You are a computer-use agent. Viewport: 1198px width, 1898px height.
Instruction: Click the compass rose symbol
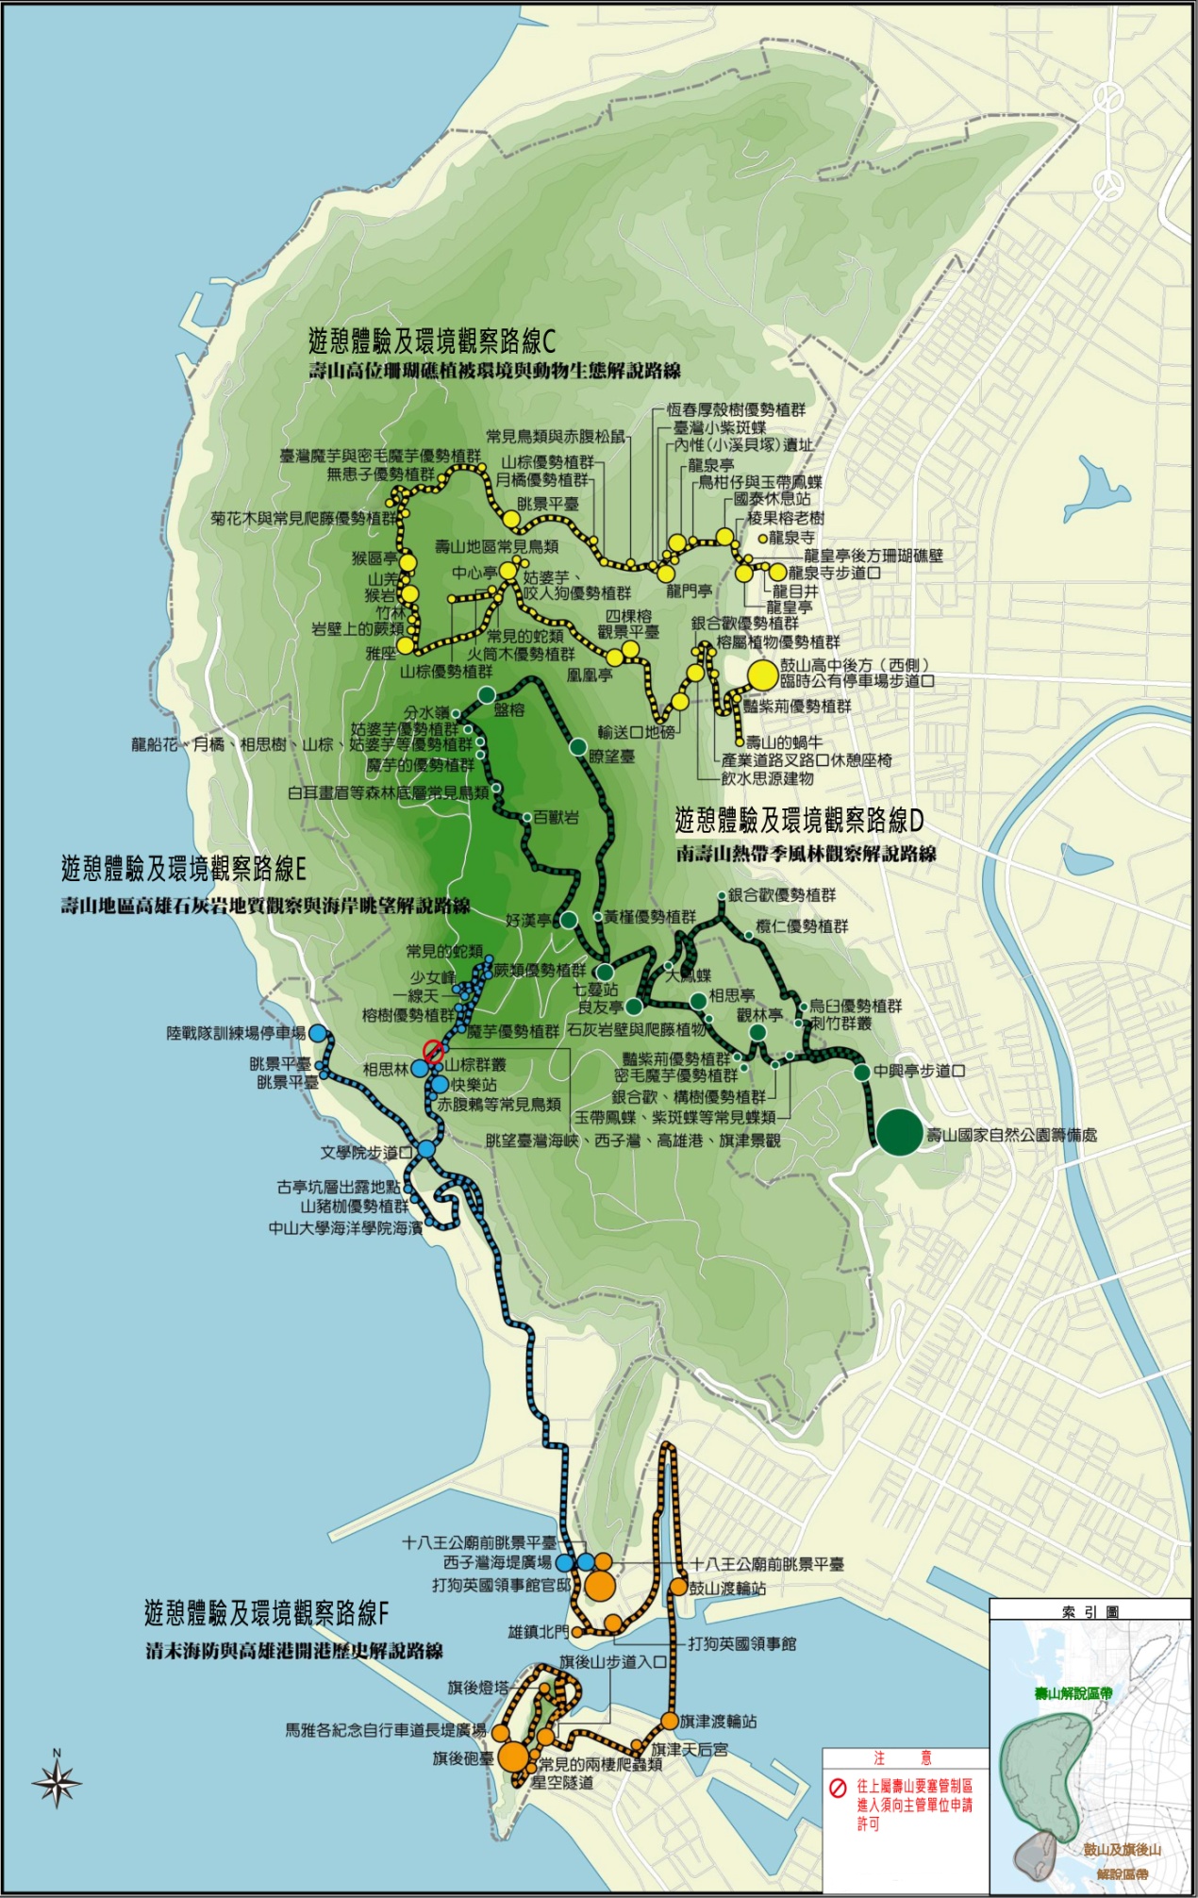pyautogui.click(x=57, y=1782)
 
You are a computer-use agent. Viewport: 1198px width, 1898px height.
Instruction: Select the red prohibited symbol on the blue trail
pyautogui.click(x=433, y=1051)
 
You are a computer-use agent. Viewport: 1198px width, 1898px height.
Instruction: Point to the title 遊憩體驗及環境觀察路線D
pyautogui.click(x=799, y=820)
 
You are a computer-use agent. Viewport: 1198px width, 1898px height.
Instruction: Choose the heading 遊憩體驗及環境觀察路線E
pyautogui.click(x=183, y=868)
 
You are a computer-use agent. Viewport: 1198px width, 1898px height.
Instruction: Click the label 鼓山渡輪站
pyautogui.click(x=727, y=1589)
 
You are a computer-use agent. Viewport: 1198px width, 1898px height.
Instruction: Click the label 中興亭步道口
pyautogui.click(x=919, y=1071)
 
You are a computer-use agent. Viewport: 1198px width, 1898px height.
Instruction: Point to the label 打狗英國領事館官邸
pyautogui.click(x=502, y=1585)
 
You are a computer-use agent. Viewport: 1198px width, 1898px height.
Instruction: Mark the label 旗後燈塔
pyautogui.click(x=477, y=1688)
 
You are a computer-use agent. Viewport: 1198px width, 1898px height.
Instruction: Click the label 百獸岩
pyautogui.click(x=557, y=817)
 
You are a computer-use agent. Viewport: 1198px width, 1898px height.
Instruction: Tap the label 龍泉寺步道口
pyautogui.click(x=834, y=573)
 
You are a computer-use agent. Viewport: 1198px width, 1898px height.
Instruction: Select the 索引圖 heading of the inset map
pyautogui.click(x=1090, y=1612)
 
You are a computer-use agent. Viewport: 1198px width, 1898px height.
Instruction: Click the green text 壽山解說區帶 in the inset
pyautogui.click(x=1073, y=1693)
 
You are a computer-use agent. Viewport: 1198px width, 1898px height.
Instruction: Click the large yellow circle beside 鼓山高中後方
pyautogui.click(x=761, y=674)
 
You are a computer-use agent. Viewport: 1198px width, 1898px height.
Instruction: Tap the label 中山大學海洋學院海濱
pyautogui.click(x=345, y=1227)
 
